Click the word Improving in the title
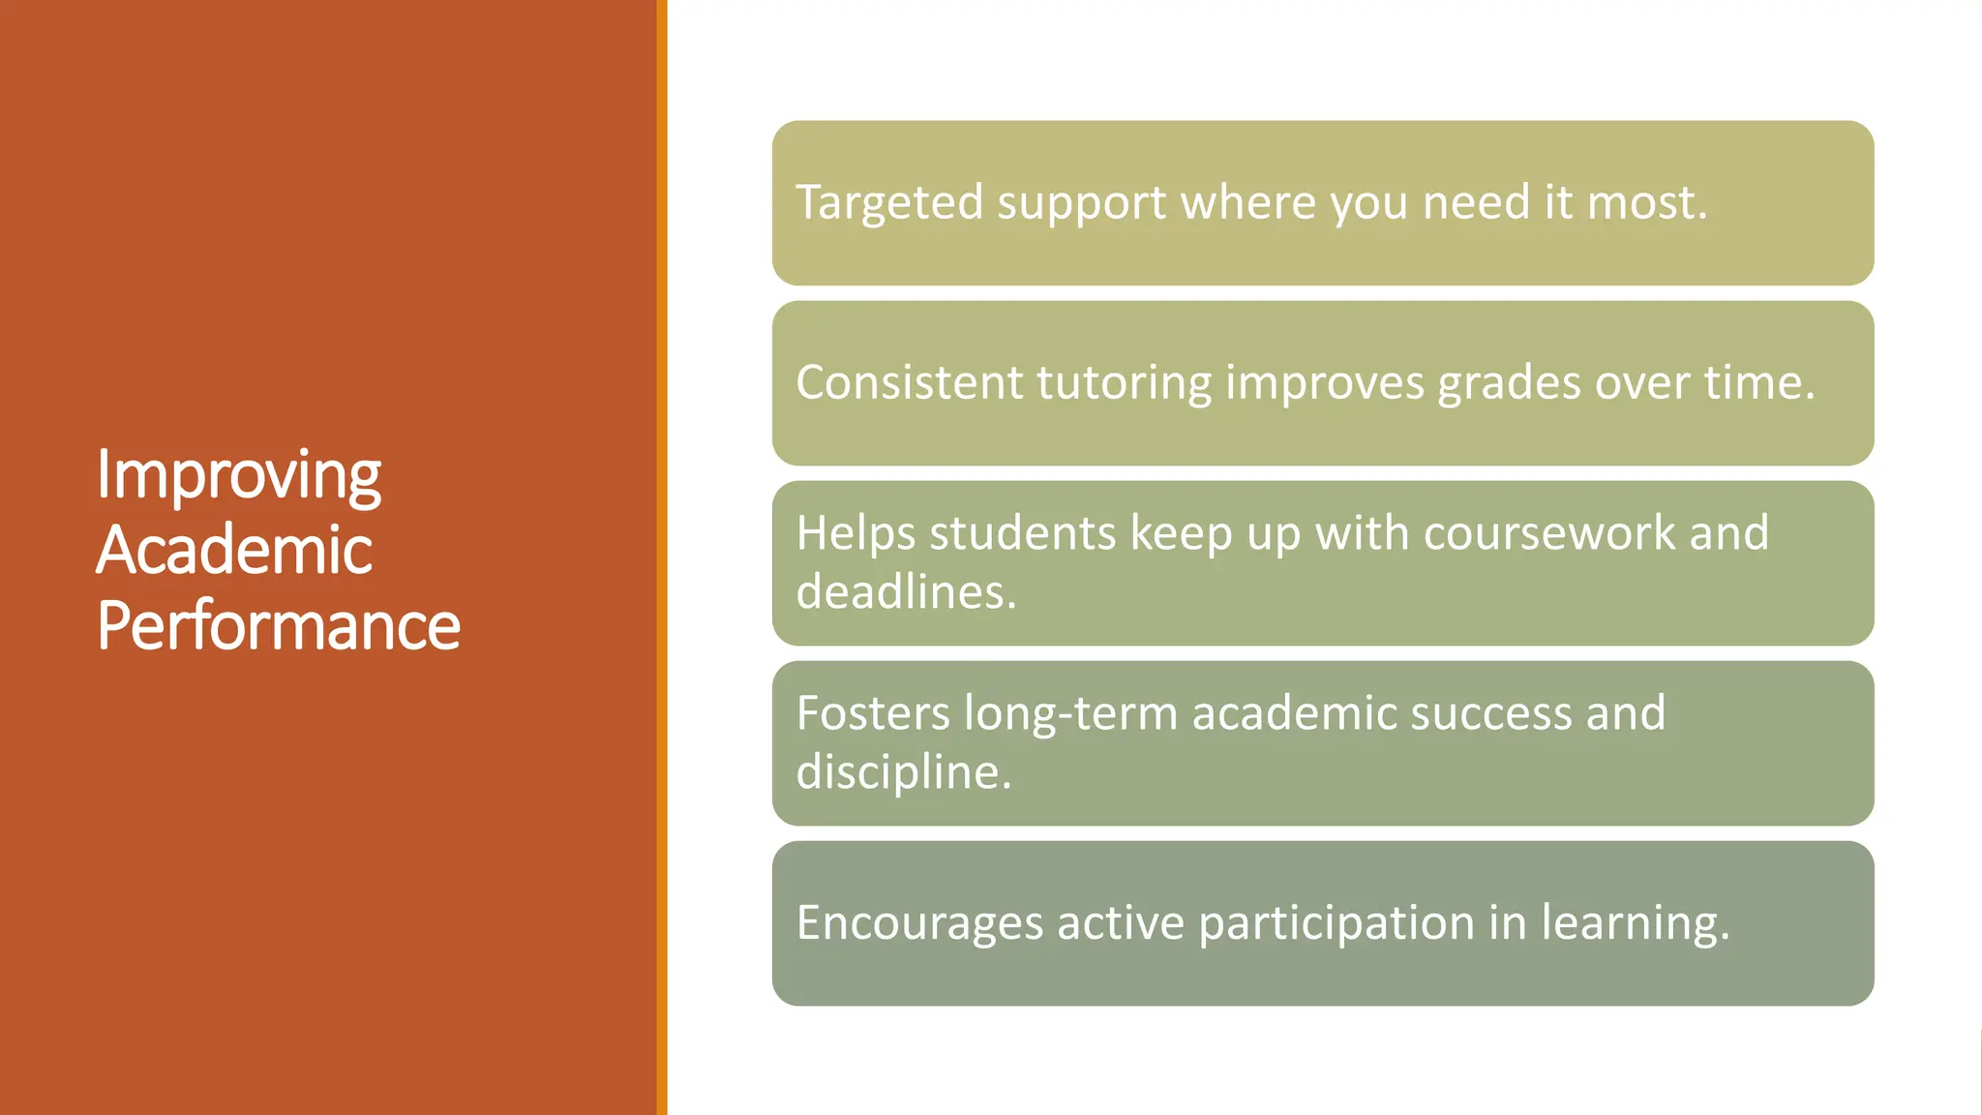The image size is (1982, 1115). (x=238, y=476)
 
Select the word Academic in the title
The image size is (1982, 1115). (x=233, y=550)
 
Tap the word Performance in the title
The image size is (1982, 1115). (x=278, y=625)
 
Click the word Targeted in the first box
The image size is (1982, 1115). (x=888, y=203)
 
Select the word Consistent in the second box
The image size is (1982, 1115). (x=909, y=382)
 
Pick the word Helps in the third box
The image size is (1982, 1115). (x=856, y=533)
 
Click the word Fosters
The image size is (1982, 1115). (x=873, y=713)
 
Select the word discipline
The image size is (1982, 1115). (x=902, y=772)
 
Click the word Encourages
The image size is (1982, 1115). (x=919, y=923)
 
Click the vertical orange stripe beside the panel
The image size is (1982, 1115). (x=662, y=557)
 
